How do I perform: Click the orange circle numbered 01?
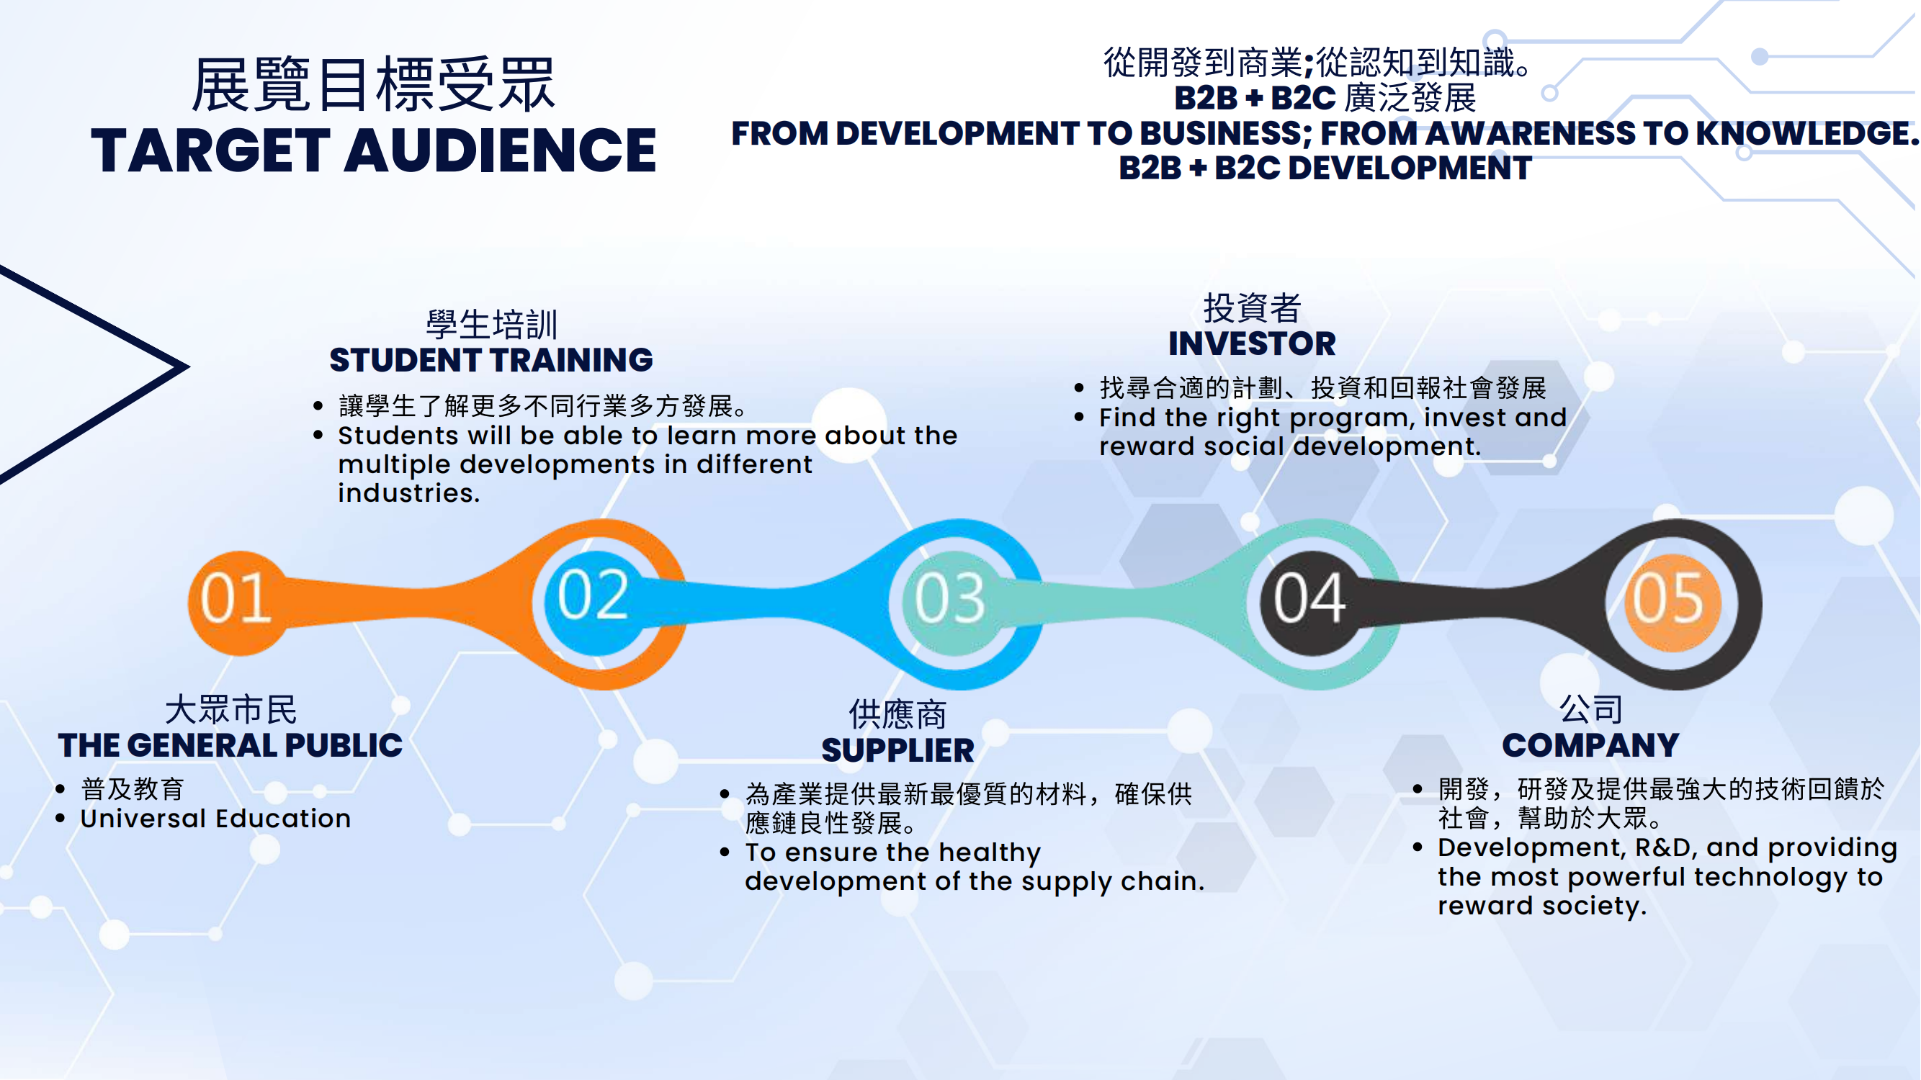[x=238, y=603]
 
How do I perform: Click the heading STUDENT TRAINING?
[x=491, y=360]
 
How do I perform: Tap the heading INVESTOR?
[x=1252, y=343]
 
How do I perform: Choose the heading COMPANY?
[x=1590, y=745]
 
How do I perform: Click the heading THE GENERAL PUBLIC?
[x=230, y=745]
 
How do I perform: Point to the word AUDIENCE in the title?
[x=501, y=150]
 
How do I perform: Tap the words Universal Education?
[x=215, y=819]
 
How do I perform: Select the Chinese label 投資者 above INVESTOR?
[x=1252, y=307]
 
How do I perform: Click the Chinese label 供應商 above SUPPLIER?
[x=898, y=714]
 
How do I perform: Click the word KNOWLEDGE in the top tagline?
[x=1802, y=133]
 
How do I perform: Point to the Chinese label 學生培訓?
[x=491, y=324]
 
